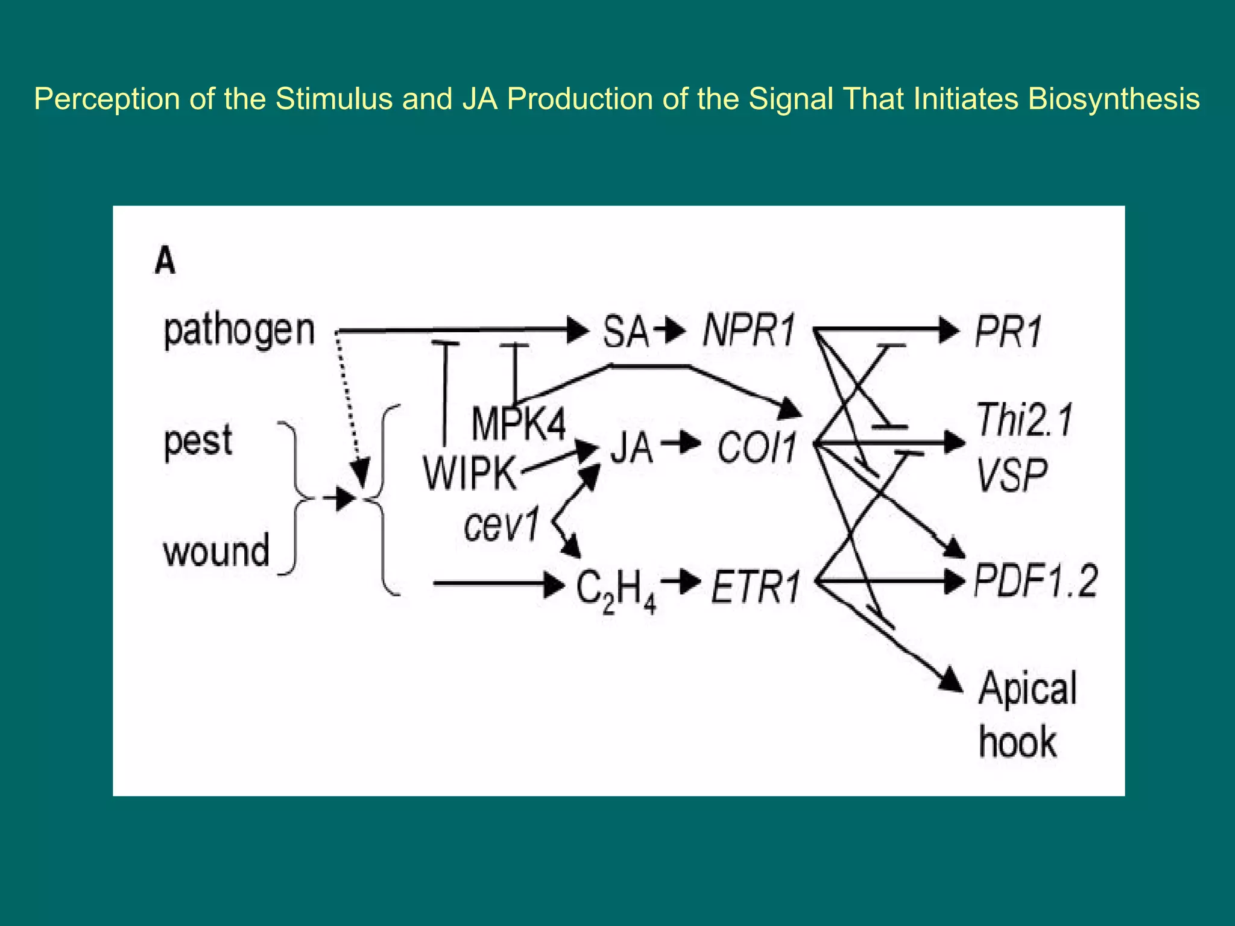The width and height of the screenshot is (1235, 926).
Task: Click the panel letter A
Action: coord(165,262)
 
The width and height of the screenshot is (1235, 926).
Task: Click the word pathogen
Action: coord(239,331)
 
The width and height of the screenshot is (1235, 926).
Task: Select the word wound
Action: coord(216,551)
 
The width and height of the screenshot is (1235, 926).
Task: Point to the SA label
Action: coord(625,332)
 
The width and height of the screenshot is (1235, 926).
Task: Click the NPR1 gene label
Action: coord(748,332)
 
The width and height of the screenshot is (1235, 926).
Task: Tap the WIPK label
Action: coord(470,473)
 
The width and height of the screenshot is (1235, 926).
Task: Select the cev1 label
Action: coord(501,525)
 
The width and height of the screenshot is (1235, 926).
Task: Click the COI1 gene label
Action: coord(757,449)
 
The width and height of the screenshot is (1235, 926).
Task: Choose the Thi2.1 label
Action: coord(1024,420)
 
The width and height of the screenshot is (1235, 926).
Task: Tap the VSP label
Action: coord(1012,476)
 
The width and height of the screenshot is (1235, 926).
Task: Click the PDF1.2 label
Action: coord(1035,581)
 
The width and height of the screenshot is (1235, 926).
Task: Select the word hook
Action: coord(1017,742)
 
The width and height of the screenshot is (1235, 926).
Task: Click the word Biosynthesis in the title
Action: coord(1113,99)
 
